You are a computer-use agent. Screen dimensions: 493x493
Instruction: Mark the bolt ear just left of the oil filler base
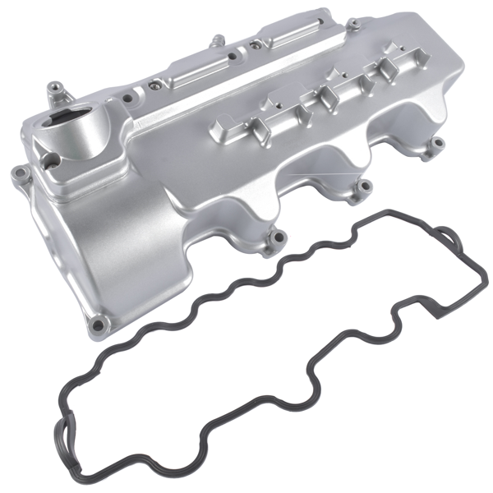tap(18, 173)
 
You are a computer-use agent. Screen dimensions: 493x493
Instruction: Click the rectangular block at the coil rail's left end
tap(221, 128)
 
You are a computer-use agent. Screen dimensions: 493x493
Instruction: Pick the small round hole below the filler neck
tap(50, 161)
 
